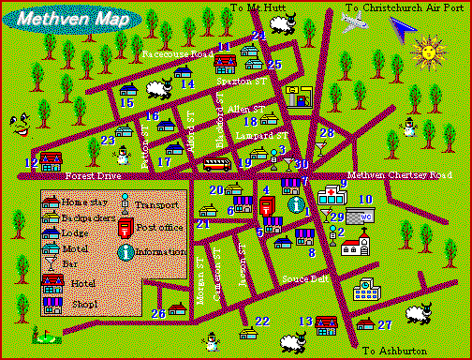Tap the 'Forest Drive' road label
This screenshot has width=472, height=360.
coord(94,175)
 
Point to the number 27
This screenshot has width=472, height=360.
coord(384,324)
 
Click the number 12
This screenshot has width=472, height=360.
coord(31,163)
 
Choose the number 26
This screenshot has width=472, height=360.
coord(158,313)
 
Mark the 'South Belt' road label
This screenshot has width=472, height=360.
coord(304,279)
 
